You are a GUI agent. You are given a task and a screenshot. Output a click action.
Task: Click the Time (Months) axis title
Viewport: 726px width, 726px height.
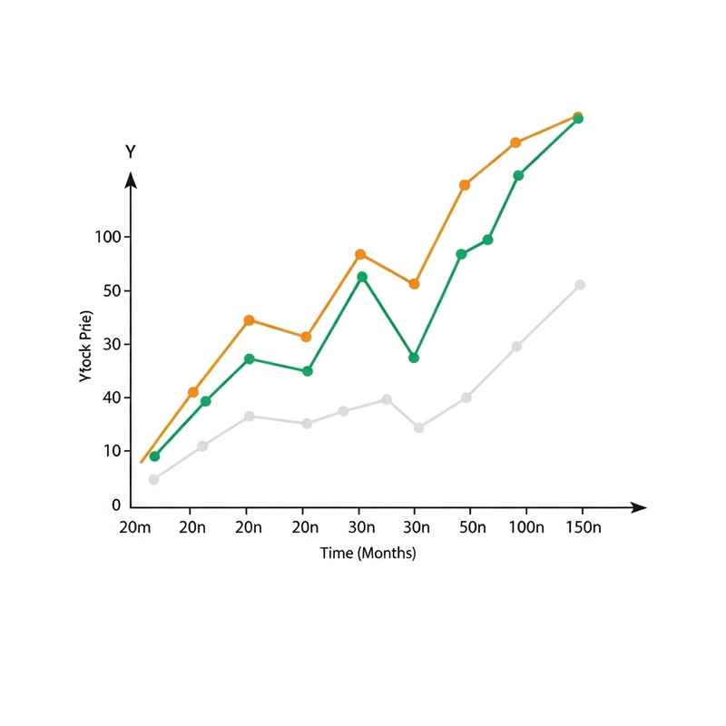pyautogui.click(x=368, y=554)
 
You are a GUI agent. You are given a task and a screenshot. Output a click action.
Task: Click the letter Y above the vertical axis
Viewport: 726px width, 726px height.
pyautogui.click(x=131, y=152)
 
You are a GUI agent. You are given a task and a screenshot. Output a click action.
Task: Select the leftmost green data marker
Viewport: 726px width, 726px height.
pyautogui.click(x=154, y=456)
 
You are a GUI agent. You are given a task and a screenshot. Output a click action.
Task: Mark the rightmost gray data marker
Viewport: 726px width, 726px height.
pyautogui.click(x=580, y=285)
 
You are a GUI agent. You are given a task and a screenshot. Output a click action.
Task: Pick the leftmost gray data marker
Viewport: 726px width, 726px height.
pyautogui.click(x=153, y=479)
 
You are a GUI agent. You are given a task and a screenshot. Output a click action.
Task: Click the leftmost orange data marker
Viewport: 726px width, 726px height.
pyautogui.click(x=193, y=392)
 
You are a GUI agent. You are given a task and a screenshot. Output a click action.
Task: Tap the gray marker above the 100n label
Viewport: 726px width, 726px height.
pyautogui.click(x=516, y=347)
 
